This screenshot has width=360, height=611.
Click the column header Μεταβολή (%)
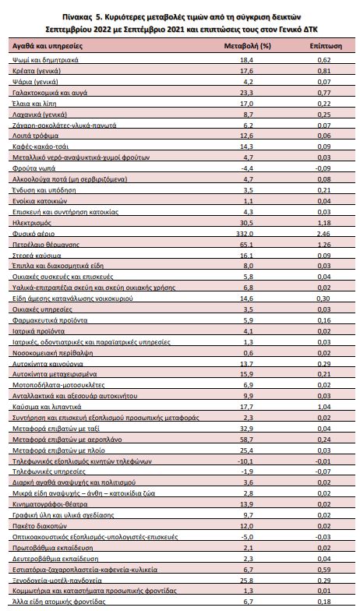point(248,46)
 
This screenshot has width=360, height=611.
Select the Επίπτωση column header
point(326,46)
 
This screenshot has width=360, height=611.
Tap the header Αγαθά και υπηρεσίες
point(48,46)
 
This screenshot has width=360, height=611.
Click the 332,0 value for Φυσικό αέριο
point(248,234)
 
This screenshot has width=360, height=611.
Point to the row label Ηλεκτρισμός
point(31,223)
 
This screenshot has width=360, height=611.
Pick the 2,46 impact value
point(324,234)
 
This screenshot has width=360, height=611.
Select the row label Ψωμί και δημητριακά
point(45,60)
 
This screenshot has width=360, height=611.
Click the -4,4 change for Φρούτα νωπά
point(248,168)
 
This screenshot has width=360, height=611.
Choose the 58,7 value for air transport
point(248,440)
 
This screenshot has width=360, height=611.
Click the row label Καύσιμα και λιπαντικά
point(47,407)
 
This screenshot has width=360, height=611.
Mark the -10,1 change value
point(248,461)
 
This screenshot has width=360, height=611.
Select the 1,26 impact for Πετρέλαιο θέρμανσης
point(324,245)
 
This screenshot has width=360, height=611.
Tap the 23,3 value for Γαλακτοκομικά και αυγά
point(248,93)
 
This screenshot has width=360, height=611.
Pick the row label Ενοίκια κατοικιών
point(39,201)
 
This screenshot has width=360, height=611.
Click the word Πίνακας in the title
point(75,17)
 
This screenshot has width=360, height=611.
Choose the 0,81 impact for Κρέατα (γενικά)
point(324,71)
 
